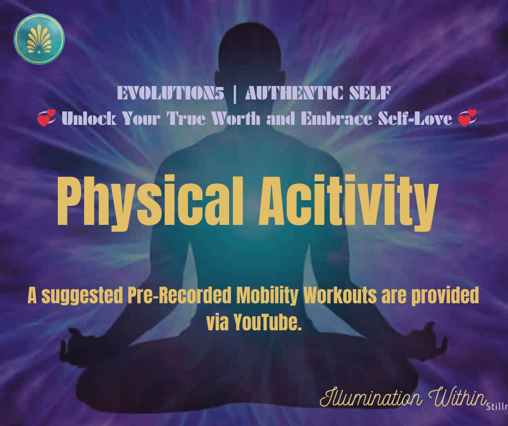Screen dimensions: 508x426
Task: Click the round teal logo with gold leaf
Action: point(39,39)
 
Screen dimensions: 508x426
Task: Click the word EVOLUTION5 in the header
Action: point(170,94)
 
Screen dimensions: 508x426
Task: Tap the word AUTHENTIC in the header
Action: point(294,94)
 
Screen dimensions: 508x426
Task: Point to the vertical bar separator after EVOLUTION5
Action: point(235,94)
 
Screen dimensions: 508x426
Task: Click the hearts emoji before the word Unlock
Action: point(46,117)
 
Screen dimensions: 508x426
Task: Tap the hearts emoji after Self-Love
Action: point(467,117)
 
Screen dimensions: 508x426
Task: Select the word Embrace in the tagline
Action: point(336,118)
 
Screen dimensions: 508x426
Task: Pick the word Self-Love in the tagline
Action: point(415,118)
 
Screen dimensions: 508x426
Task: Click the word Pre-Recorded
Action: point(179,295)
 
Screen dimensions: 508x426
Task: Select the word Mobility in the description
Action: point(268,296)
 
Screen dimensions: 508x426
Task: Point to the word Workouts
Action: point(340,295)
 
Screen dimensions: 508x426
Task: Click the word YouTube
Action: point(268,323)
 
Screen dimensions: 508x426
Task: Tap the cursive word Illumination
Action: point(371,397)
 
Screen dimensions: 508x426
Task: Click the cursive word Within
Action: point(457,396)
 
